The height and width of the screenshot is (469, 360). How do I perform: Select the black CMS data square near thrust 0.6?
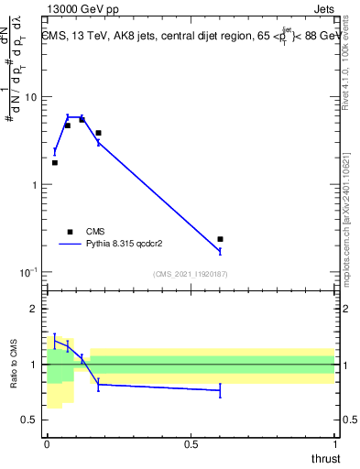pos(220,239)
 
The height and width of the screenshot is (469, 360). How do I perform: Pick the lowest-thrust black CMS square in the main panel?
pos(55,162)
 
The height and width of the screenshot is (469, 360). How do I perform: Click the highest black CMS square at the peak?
pos(82,120)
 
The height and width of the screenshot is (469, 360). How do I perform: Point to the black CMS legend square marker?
pos(70,232)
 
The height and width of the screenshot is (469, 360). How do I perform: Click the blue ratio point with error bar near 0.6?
pos(220,390)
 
